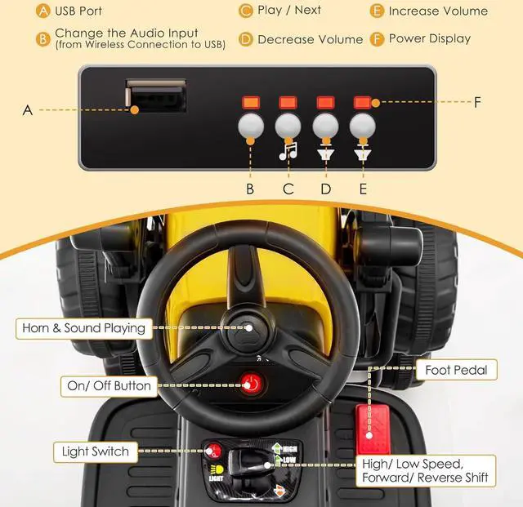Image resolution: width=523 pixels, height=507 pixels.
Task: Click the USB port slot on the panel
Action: tap(155, 98)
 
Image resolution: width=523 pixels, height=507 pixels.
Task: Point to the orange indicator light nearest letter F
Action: tap(362, 103)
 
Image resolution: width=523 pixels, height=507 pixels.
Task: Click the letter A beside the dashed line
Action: tap(27, 109)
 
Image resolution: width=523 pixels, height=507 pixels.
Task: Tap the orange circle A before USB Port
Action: tap(42, 11)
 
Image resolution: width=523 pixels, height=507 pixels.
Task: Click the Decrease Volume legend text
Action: tap(310, 38)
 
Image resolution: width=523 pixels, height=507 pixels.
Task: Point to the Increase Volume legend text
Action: tap(438, 11)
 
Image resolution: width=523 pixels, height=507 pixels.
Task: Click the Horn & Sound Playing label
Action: tap(82, 328)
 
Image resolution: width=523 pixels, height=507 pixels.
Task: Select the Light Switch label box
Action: tap(95, 451)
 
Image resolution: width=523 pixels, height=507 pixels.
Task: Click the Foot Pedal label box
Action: tap(456, 370)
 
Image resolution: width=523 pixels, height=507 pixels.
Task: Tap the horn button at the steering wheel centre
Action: tap(249, 327)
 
